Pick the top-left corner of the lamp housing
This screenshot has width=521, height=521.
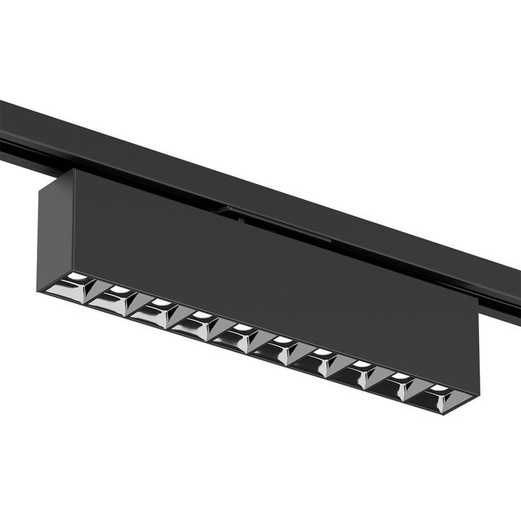[x=72, y=169]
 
